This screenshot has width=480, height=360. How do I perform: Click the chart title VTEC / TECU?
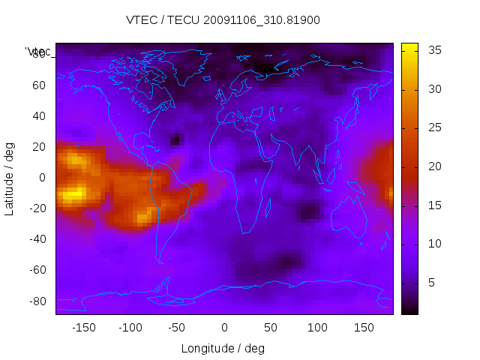point(223,20)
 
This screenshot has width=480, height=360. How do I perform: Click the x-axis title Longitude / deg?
point(223,348)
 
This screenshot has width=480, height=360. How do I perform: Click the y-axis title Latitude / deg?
point(10,178)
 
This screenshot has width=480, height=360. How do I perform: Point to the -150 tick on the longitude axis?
point(84,328)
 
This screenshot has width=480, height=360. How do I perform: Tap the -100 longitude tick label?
point(130,328)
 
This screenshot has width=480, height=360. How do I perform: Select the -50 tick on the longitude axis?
point(177,328)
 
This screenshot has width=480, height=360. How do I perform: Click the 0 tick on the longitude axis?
point(223,328)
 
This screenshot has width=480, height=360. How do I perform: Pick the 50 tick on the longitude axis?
point(270,328)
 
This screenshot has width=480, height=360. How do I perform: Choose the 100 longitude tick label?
point(316,328)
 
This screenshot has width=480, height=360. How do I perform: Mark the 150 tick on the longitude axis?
point(363,328)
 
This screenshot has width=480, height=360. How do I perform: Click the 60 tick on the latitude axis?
point(39,85)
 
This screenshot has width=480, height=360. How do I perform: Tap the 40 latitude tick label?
point(39,116)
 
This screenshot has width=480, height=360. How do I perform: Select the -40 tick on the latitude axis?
point(36,239)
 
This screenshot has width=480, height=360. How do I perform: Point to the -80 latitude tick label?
point(36,301)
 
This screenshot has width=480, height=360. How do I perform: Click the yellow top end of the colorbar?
point(409,46)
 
